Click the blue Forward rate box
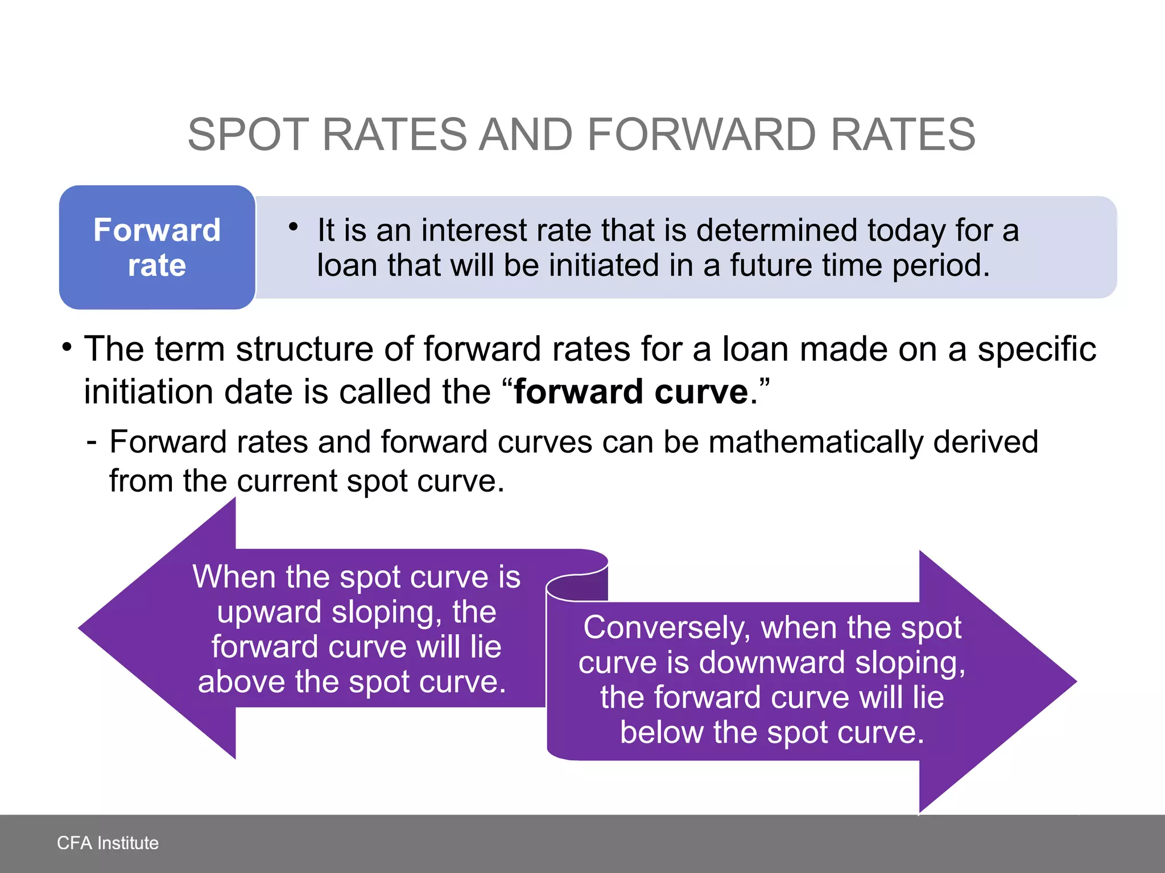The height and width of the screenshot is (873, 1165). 157,247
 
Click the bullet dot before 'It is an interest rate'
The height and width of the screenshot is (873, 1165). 294,227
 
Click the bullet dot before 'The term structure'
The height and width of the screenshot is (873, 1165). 67,347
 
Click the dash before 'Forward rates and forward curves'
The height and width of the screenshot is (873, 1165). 92,442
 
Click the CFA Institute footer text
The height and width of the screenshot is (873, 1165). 108,843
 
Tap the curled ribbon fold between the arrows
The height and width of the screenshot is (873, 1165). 577,585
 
